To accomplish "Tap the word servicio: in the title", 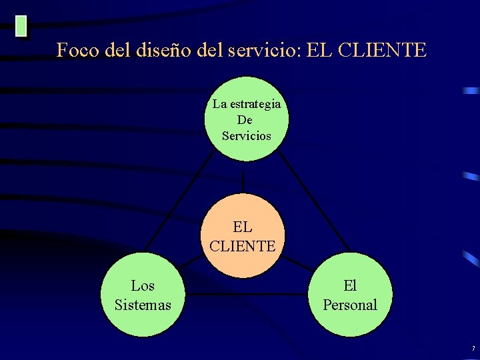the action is [264, 50].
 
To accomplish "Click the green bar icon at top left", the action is [21, 26].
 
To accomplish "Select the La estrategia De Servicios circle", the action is [247, 119].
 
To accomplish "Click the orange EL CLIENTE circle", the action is [242, 235].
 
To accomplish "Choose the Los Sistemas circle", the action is [143, 295].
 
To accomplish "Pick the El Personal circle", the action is [351, 295].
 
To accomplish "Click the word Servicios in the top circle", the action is [247, 136].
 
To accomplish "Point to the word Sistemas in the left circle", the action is [143, 305].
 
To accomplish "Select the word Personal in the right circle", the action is [350, 305].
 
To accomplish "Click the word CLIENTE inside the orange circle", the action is [242, 246].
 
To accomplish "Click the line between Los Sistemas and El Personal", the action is [247, 293].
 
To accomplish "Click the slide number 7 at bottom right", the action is [473, 349].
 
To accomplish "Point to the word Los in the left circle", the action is [143, 286].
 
